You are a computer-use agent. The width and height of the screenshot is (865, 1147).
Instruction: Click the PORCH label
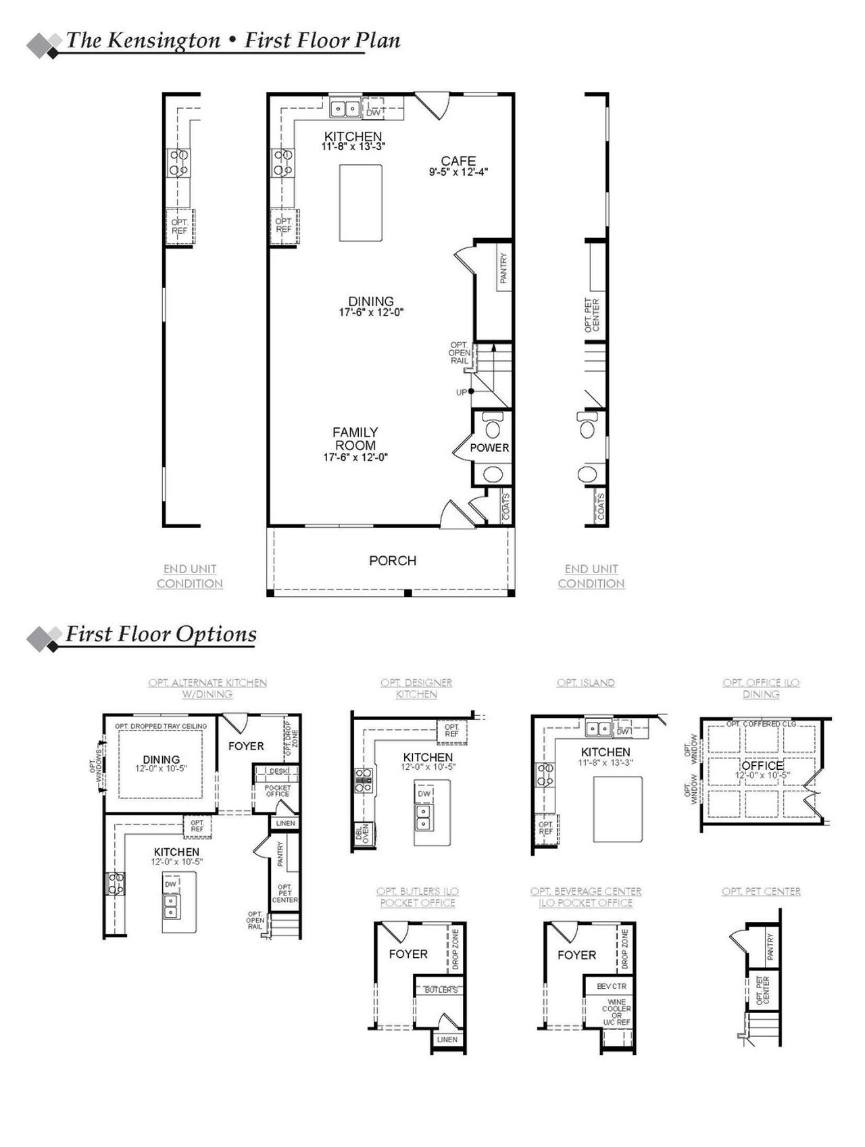click(x=392, y=560)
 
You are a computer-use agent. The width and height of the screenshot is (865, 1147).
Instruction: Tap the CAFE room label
click(x=458, y=161)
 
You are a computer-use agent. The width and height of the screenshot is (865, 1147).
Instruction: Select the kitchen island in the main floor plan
click(x=360, y=202)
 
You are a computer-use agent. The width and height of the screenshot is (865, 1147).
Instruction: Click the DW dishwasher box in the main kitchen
click(x=374, y=112)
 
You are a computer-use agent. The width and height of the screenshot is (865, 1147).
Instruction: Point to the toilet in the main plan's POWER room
click(x=493, y=427)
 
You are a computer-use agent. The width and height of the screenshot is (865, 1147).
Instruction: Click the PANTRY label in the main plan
click(x=503, y=268)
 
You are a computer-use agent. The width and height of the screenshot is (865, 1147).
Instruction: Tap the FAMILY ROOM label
click(x=355, y=439)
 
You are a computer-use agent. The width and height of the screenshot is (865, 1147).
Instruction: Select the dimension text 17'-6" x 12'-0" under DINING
click(x=371, y=313)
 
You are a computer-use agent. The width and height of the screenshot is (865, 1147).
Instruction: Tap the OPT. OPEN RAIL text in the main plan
click(x=460, y=353)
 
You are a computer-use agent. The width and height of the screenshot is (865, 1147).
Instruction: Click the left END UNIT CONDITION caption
click(x=190, y=576)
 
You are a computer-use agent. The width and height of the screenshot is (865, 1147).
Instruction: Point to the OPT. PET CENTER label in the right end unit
click(x=592, y=315)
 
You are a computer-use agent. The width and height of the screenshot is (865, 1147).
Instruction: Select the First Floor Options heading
click(x=161, y=634)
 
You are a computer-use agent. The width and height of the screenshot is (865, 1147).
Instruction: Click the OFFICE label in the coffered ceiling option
click(x=762, y=766)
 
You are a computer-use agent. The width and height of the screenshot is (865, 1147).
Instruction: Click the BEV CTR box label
click(x=612, y=986)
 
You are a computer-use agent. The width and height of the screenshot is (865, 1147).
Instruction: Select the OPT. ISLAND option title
click(x=586, y=683)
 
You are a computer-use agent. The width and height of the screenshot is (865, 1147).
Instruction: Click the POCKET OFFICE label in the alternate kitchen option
click(x=278, y=791)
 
